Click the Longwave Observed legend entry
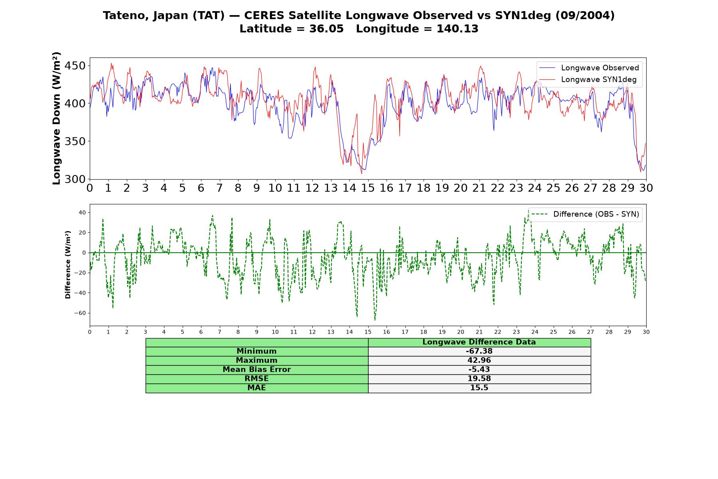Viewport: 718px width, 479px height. [x=589, y=68]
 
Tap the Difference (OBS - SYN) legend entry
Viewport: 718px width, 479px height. [x=585, y=214]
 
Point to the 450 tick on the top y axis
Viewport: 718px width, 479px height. [x=75, y=65]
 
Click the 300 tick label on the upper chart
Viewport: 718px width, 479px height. [x=75, y=179]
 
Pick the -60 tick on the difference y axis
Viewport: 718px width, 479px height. [x=80, y=313]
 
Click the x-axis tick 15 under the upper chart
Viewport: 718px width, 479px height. [x=368, y=188]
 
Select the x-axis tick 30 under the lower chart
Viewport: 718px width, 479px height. [x=646, y=332]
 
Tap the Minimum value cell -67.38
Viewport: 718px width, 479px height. [x=479, y=351]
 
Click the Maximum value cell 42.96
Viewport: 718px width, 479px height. [x=479, y=360]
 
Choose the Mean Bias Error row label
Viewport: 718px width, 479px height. [x=256, y=370]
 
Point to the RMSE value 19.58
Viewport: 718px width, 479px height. [x=479, y=378]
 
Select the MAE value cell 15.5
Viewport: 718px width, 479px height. [x=479, y=388]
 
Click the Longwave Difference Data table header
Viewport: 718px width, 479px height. [x=479, y=342]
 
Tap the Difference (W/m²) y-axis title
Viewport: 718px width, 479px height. [x=68, y=265]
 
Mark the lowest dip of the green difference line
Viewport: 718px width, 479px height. [x=375, y=320]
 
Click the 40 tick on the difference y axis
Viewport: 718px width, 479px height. [x=82, y=212]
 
